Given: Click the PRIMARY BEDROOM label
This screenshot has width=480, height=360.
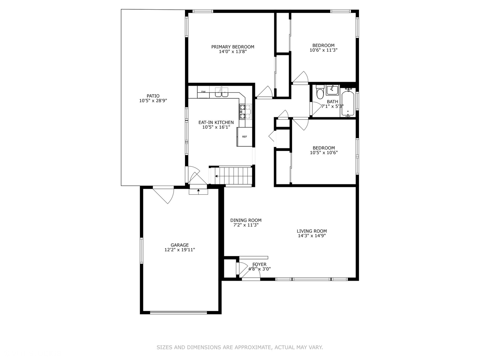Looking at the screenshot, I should pos(233,47).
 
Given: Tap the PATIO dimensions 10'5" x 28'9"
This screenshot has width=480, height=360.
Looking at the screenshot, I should pos(153,101).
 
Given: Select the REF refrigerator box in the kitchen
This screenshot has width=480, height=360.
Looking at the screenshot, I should pos(244,137).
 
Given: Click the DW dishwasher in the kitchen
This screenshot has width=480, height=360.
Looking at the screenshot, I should pos(203,92).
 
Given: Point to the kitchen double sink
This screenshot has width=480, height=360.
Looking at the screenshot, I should pos(221,92).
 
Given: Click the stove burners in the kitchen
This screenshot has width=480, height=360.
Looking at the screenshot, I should pos(245,112).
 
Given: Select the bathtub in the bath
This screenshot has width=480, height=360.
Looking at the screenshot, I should pos(348,103).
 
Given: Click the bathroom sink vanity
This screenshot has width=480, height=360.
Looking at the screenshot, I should pos(332,90).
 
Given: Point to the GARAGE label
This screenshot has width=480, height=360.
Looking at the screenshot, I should pos(180,245).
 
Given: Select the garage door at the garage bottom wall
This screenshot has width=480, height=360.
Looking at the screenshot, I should pos(178,312).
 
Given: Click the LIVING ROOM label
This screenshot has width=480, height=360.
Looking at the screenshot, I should pos(312,231).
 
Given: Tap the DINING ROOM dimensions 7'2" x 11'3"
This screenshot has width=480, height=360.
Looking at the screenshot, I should pos(246,225).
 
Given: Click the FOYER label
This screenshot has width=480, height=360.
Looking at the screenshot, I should pos(259,264).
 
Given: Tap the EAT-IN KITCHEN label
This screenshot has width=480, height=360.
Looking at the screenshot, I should pos(216,122).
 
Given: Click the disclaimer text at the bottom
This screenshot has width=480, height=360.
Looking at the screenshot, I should pos(240,347).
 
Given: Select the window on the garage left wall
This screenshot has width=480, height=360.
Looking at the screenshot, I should pos(141,250).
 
